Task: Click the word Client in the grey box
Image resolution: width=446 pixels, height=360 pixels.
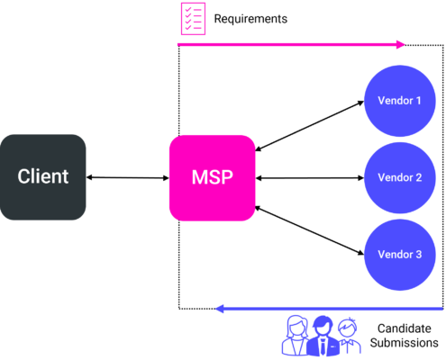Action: pos(43,176)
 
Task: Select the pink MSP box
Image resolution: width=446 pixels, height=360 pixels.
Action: pos(212,177)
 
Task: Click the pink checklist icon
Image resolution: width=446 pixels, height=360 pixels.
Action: pos(192,19)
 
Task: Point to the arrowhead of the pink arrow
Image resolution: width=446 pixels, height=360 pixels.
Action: pos(402,43)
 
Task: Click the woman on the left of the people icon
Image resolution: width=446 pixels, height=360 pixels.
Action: pos(296,336)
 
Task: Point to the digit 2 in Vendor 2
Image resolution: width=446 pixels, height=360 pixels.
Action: pos(418,178)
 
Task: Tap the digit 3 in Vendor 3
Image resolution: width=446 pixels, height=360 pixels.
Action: pos(418,255)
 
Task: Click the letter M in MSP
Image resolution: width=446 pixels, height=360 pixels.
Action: pos(198,177)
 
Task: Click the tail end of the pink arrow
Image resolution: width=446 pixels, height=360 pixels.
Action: pos(179,43)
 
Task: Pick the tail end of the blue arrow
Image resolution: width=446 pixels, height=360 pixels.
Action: pos(441,309)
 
